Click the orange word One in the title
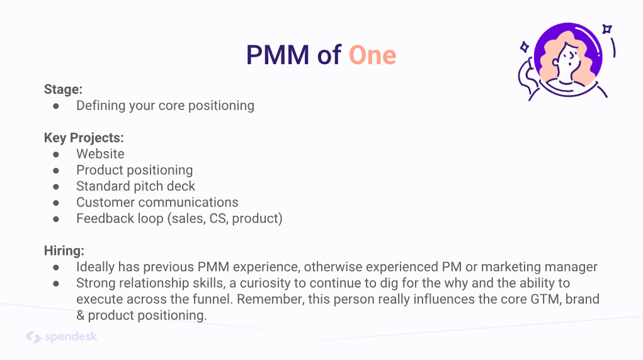[x=372, y=55]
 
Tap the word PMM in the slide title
[x=278, y=55]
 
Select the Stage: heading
[x=63, y=89]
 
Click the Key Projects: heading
[x=84, y=138]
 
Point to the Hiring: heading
[x=64, y=250]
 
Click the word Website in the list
[x=100, y=154]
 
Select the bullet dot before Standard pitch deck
[x=56, y=186]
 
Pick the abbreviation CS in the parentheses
[x=218, y=218]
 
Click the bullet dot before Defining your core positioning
[x=56, y=106]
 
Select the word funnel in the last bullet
[x=212, y=299]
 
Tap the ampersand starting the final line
[x=80, y=315]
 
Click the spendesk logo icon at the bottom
[x=33, y=337]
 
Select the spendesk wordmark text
[x=71, y=337]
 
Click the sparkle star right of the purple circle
[x=607, y=29]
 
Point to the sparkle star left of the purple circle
[x=524, y=47]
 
